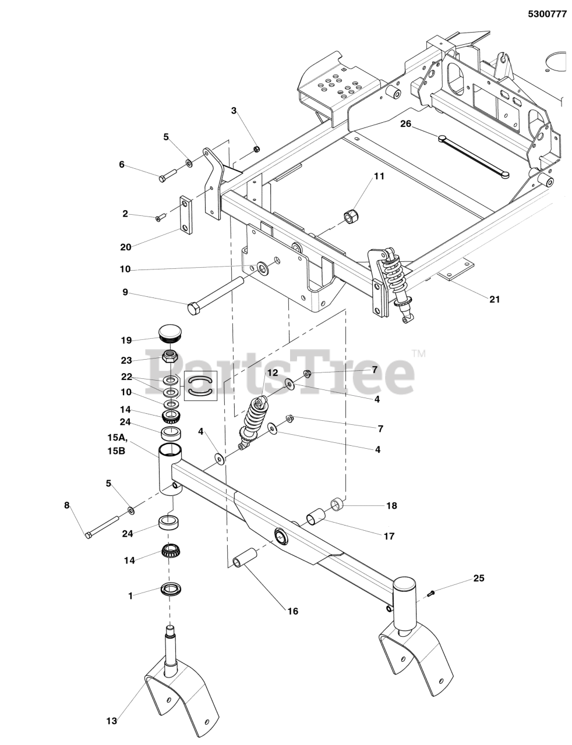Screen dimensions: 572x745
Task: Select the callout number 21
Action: [x=495, y=300]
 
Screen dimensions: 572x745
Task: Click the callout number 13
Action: [x=112, y=721]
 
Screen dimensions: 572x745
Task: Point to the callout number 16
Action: [x=292, y=611]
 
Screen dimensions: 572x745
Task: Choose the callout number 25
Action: [x=478, y=578]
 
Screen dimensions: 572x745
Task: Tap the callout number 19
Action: [x=126, y=340]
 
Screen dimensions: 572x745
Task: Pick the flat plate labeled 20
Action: [x=185, y=215]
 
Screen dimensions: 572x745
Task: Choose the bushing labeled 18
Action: [x=337, y=502]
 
